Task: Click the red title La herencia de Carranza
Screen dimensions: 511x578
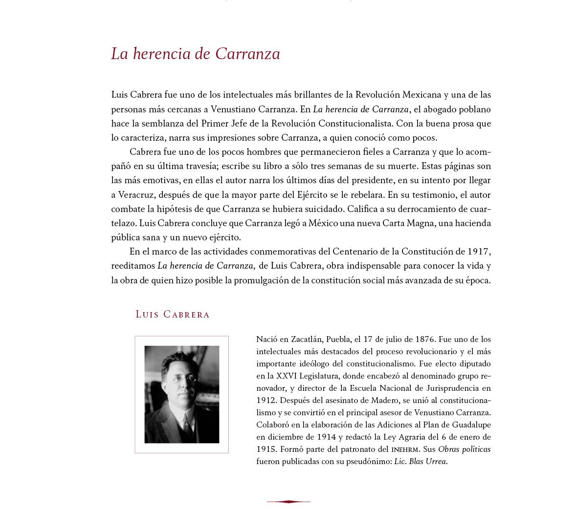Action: (196, 54)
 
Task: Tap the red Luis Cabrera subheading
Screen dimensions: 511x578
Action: (172, 315)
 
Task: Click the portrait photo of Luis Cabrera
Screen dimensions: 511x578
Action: (181, 394)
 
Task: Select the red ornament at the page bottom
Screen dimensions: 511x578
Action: (289, 501)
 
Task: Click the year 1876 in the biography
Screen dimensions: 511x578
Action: (424, 339)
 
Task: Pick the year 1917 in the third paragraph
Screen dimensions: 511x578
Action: (477, 252)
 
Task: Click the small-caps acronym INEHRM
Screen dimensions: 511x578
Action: (405, 449)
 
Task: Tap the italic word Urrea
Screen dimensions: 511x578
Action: (436, 461)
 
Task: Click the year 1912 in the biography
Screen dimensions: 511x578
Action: (266, 400)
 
